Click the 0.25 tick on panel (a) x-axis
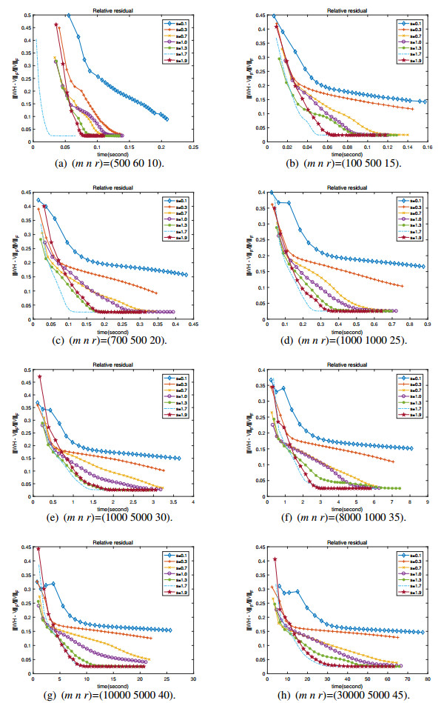coord(193,147)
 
